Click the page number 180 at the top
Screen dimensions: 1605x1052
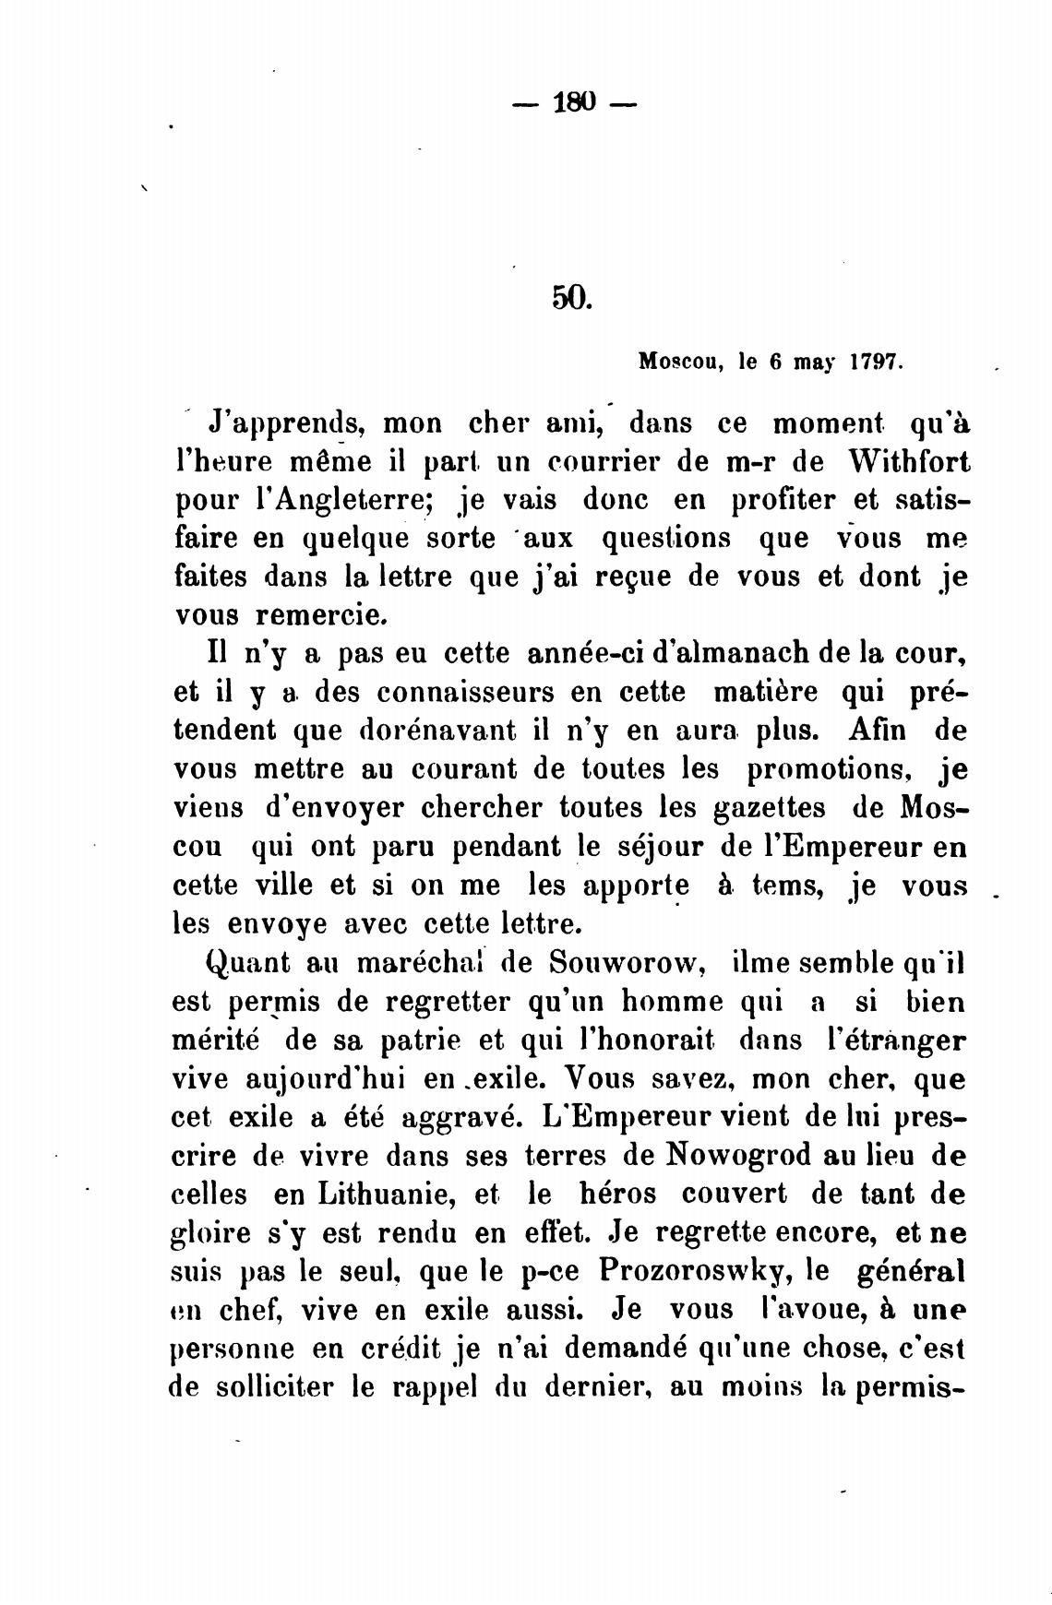pyautogui.click(x=574, y=101)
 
